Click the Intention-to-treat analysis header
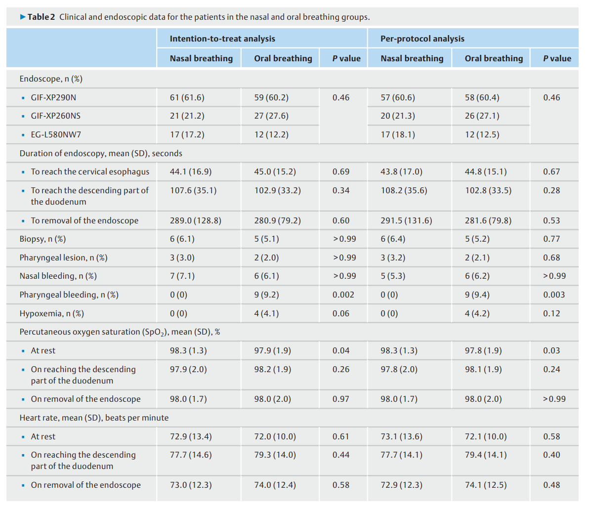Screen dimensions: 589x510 (x=222, y=39)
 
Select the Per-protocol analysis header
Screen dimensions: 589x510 (x=422, y=39)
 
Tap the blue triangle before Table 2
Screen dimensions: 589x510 (x=23, y=17)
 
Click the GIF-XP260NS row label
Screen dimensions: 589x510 (x=56, y=116)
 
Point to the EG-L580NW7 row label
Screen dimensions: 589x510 (x=56, y=134)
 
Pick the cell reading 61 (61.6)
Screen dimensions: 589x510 (x=187, y=98)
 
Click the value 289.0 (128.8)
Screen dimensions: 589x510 (x=195, y=220)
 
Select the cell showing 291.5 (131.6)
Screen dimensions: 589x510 (x=406, y=220)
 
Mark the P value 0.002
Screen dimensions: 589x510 (x=343, y=295)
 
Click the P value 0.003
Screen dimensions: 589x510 (x=554, y=295)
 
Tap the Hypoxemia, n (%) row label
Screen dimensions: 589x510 (x=52, y=314)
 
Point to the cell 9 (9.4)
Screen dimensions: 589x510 (x=477, y=295)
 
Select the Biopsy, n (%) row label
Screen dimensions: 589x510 (x=42, y=239)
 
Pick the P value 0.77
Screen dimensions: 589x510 (x=551, y=239)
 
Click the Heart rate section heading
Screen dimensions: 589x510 (x=94, y=418)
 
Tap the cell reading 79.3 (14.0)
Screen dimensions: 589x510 (x=275, y=455)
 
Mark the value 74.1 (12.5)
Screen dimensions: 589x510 (x=486, y=485)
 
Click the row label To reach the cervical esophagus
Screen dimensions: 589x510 (x=90, y=172)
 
